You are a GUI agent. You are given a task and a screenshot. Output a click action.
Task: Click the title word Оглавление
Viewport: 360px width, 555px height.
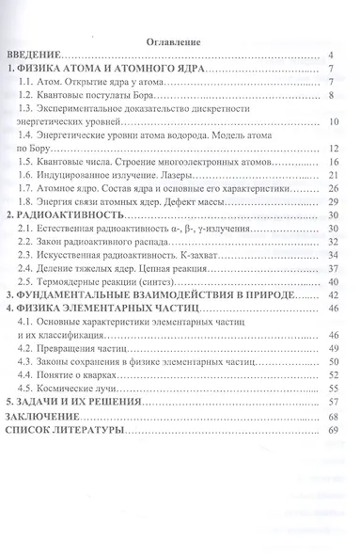(x=180, y=41)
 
